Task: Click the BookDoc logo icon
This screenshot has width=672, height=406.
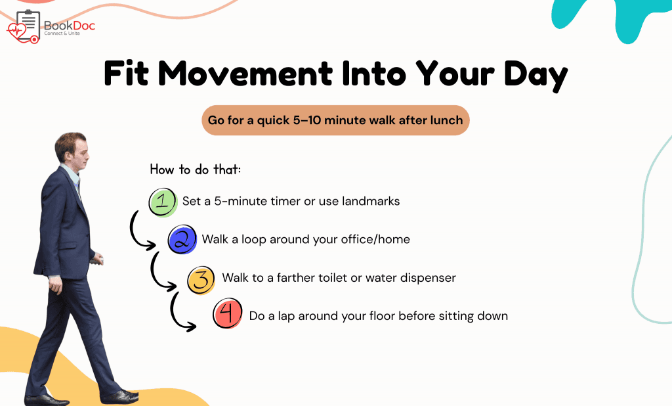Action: (x=24, y=27)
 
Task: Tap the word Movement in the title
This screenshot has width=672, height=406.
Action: (x=245, y=74)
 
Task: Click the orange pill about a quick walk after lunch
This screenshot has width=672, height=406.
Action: (x=335, y=120)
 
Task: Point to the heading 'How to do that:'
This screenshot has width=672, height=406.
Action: (x=196, y=169)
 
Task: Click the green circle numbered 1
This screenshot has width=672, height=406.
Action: (x=163, y=202)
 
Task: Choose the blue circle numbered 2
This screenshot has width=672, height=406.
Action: (x=182, y=240)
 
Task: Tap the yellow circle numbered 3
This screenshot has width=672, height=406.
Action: (x=201, y=280)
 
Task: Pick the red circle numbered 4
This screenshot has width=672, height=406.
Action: (x=228, y=313)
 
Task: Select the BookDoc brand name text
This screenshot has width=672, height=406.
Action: (x=70, y=26)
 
